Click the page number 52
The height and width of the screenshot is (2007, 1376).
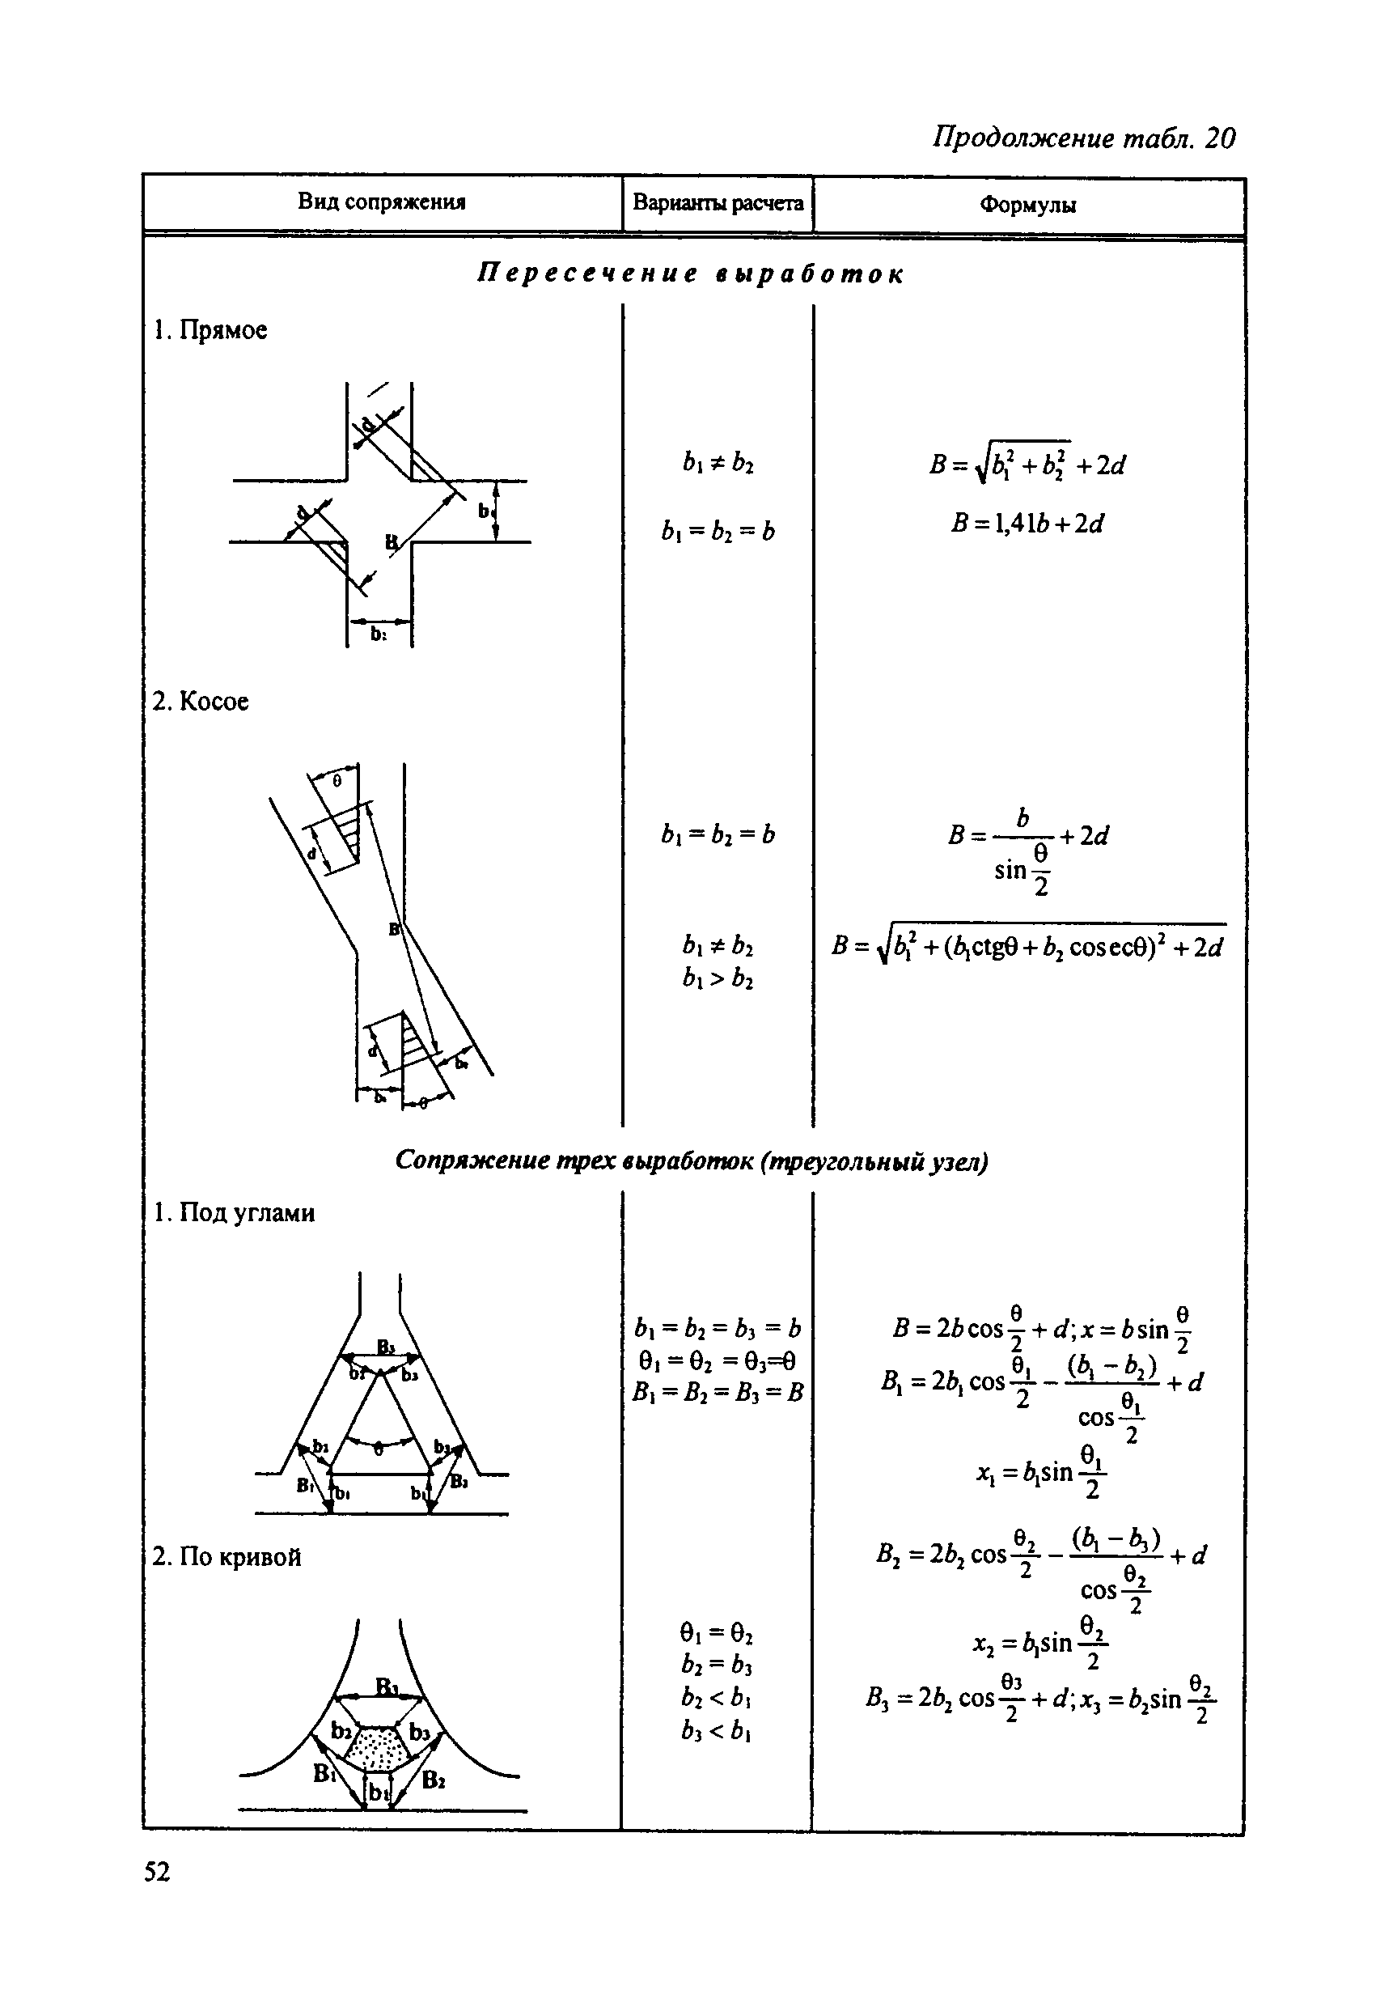point(157,1871)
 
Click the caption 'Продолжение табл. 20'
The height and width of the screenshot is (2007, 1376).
point(1083,138)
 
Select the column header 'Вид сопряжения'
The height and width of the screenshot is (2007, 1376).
point(382,202)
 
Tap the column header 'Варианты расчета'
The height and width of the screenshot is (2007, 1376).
point(718,203)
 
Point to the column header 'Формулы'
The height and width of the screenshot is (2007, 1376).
point(1027,206)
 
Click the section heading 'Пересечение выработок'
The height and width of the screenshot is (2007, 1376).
point(691,274)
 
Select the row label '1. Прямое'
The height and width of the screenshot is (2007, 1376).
point(210,330)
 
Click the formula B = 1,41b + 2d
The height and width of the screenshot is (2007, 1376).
point(1027,524)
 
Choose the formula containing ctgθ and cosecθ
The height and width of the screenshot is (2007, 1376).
point(1027,947)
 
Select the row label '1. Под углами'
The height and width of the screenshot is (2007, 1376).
point(234,1213)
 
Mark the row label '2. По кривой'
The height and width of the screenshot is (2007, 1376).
point(227,1557)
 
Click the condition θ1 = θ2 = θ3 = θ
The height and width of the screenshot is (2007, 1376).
point(717,1362)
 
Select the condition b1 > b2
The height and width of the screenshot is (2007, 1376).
point(718,979)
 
